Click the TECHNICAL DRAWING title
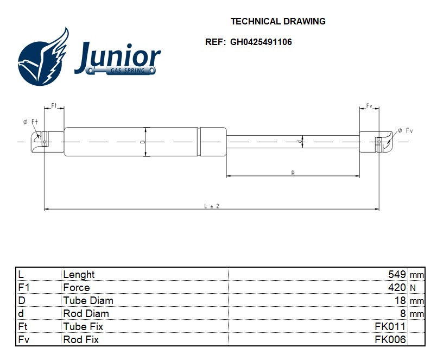(x=278, y=22)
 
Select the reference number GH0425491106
(x=261, y=42)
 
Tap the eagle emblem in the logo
(x=44, y=59)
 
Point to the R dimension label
(x=293, y=173)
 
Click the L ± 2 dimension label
(x=211, y=206)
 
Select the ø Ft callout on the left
(x=30, y=122)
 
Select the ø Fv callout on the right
(x=405, y=130)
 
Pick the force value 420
(x=397, y=287)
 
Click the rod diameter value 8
(x=403, y=313)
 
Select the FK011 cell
(x=390, y=326)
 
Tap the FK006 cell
(x=390, y=339)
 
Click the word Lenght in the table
(x=79, y=275)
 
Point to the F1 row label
(x=23, y=287)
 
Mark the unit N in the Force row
(x=413, y=288)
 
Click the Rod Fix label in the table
(x=81, y=339)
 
